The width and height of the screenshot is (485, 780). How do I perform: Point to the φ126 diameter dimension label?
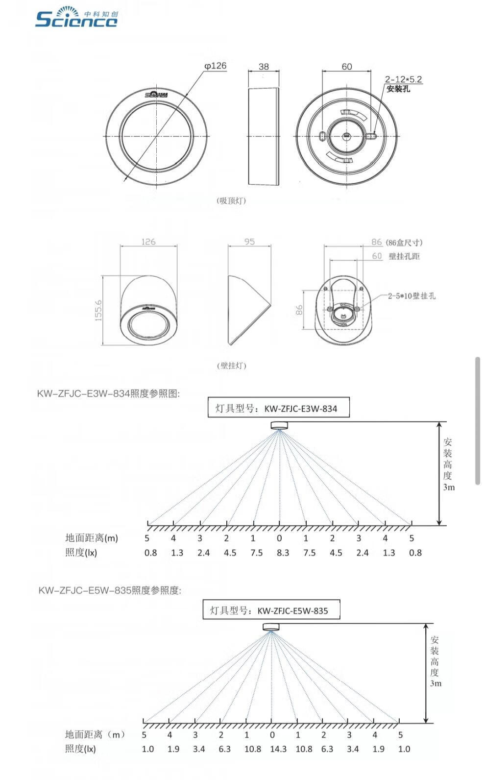(215, 66)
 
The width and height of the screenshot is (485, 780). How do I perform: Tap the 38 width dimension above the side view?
(264, 67)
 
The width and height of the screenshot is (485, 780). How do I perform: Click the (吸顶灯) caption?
(231, 200)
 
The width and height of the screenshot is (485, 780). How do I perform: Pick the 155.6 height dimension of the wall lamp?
(98, 310)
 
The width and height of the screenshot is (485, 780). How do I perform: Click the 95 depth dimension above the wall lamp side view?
(249, 242)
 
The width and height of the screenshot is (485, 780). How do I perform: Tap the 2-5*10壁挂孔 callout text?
(412, 296)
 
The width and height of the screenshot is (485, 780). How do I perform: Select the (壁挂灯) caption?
(231, 366)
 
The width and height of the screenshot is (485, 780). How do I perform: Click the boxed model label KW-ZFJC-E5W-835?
(271, 610)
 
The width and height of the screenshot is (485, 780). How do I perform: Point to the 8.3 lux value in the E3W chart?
(283, 553)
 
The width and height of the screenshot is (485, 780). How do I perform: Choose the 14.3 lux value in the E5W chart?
(278, 749)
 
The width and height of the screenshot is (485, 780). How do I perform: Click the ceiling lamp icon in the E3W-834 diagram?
(280, 425)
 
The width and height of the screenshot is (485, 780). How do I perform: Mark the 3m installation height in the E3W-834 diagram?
(449, 487)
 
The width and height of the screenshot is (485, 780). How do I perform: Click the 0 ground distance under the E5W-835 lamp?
(272, 734)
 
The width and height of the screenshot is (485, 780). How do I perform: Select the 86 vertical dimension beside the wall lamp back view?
(299, 310)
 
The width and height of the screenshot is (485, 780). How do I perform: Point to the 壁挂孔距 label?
(404, 256)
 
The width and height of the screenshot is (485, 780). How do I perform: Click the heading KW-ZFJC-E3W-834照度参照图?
(108, 393)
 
